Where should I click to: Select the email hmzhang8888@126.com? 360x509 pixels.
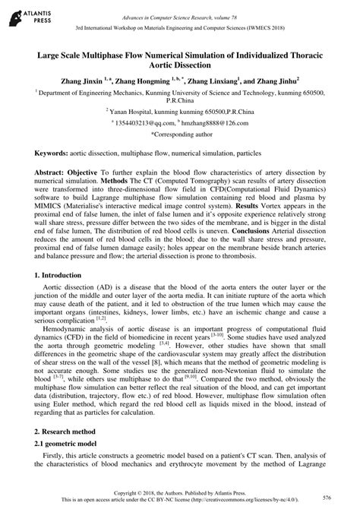click(x=218, y=122)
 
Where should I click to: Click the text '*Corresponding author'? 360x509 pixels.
click(x=180, y=133)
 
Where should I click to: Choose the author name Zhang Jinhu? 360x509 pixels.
click(x=275, y=79)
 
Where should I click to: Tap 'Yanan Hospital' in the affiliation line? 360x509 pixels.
click(x=133, y=110)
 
